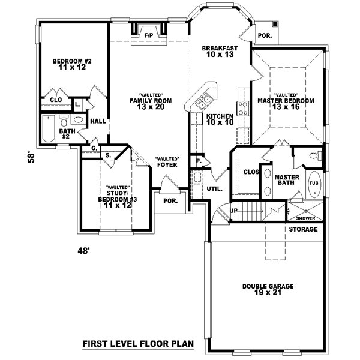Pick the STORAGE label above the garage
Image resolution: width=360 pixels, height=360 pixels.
point(303,230)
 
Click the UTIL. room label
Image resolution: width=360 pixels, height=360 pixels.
point(214,188)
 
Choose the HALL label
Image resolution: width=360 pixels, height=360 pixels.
point(98,121)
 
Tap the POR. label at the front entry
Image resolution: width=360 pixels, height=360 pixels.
point(170,202)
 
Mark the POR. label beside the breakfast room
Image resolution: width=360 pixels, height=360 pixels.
point(265,35)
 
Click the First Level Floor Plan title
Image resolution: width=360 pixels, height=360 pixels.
point(137,344)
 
